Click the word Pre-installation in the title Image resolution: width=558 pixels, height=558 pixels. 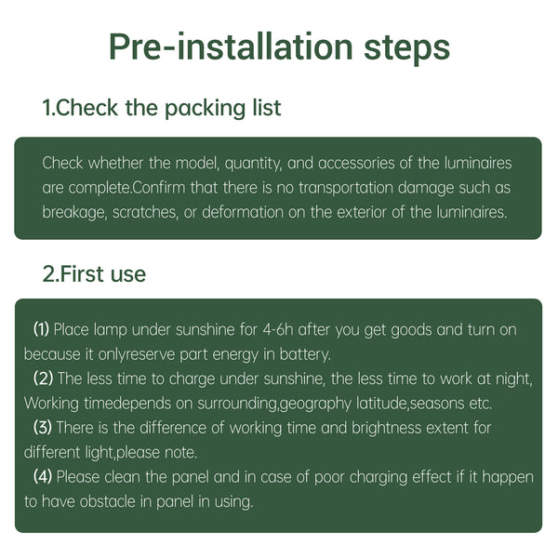231,47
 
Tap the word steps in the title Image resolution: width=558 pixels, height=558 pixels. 406,49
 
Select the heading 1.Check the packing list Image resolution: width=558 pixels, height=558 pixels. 162,108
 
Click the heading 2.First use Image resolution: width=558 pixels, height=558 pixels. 94,274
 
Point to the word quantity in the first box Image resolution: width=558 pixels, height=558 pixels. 253,164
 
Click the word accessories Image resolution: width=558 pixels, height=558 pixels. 356,163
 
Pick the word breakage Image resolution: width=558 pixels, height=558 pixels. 74,212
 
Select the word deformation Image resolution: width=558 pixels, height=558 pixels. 243,212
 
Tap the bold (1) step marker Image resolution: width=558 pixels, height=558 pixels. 41,329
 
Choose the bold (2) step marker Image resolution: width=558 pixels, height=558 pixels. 43,379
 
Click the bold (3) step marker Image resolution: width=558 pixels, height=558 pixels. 43,428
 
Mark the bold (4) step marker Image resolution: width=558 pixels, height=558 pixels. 43,476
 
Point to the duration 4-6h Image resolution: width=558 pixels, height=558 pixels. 277,329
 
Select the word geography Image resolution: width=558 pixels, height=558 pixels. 315,404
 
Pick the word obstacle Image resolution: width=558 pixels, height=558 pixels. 108,501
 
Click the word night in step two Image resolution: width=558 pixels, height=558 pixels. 514,379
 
